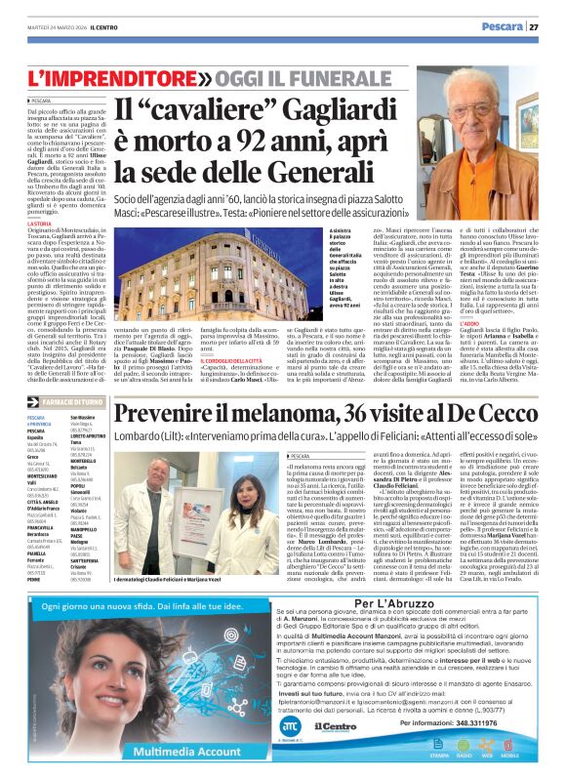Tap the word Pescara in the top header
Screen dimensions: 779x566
coord(502,27)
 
